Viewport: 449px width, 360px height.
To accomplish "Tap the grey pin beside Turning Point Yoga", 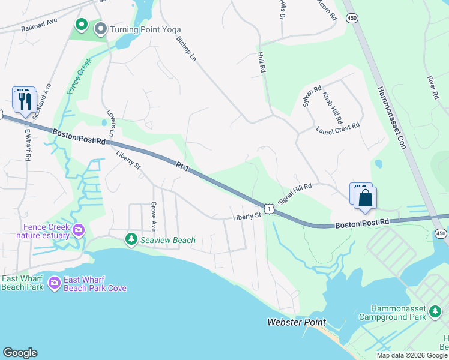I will point(101,29).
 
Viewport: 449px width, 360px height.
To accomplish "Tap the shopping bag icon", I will point(365,198).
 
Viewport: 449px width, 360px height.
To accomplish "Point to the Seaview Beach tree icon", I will point(131,240).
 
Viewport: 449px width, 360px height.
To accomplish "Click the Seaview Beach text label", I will point(168,241).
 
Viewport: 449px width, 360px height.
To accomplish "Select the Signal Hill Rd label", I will point(295,196).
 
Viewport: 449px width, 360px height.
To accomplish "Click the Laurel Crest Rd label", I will point(339,127).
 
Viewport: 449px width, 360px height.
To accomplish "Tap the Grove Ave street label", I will point(154,217).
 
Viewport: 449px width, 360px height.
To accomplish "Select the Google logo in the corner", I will point(20,353).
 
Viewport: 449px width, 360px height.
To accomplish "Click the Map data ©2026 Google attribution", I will point(412,355).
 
